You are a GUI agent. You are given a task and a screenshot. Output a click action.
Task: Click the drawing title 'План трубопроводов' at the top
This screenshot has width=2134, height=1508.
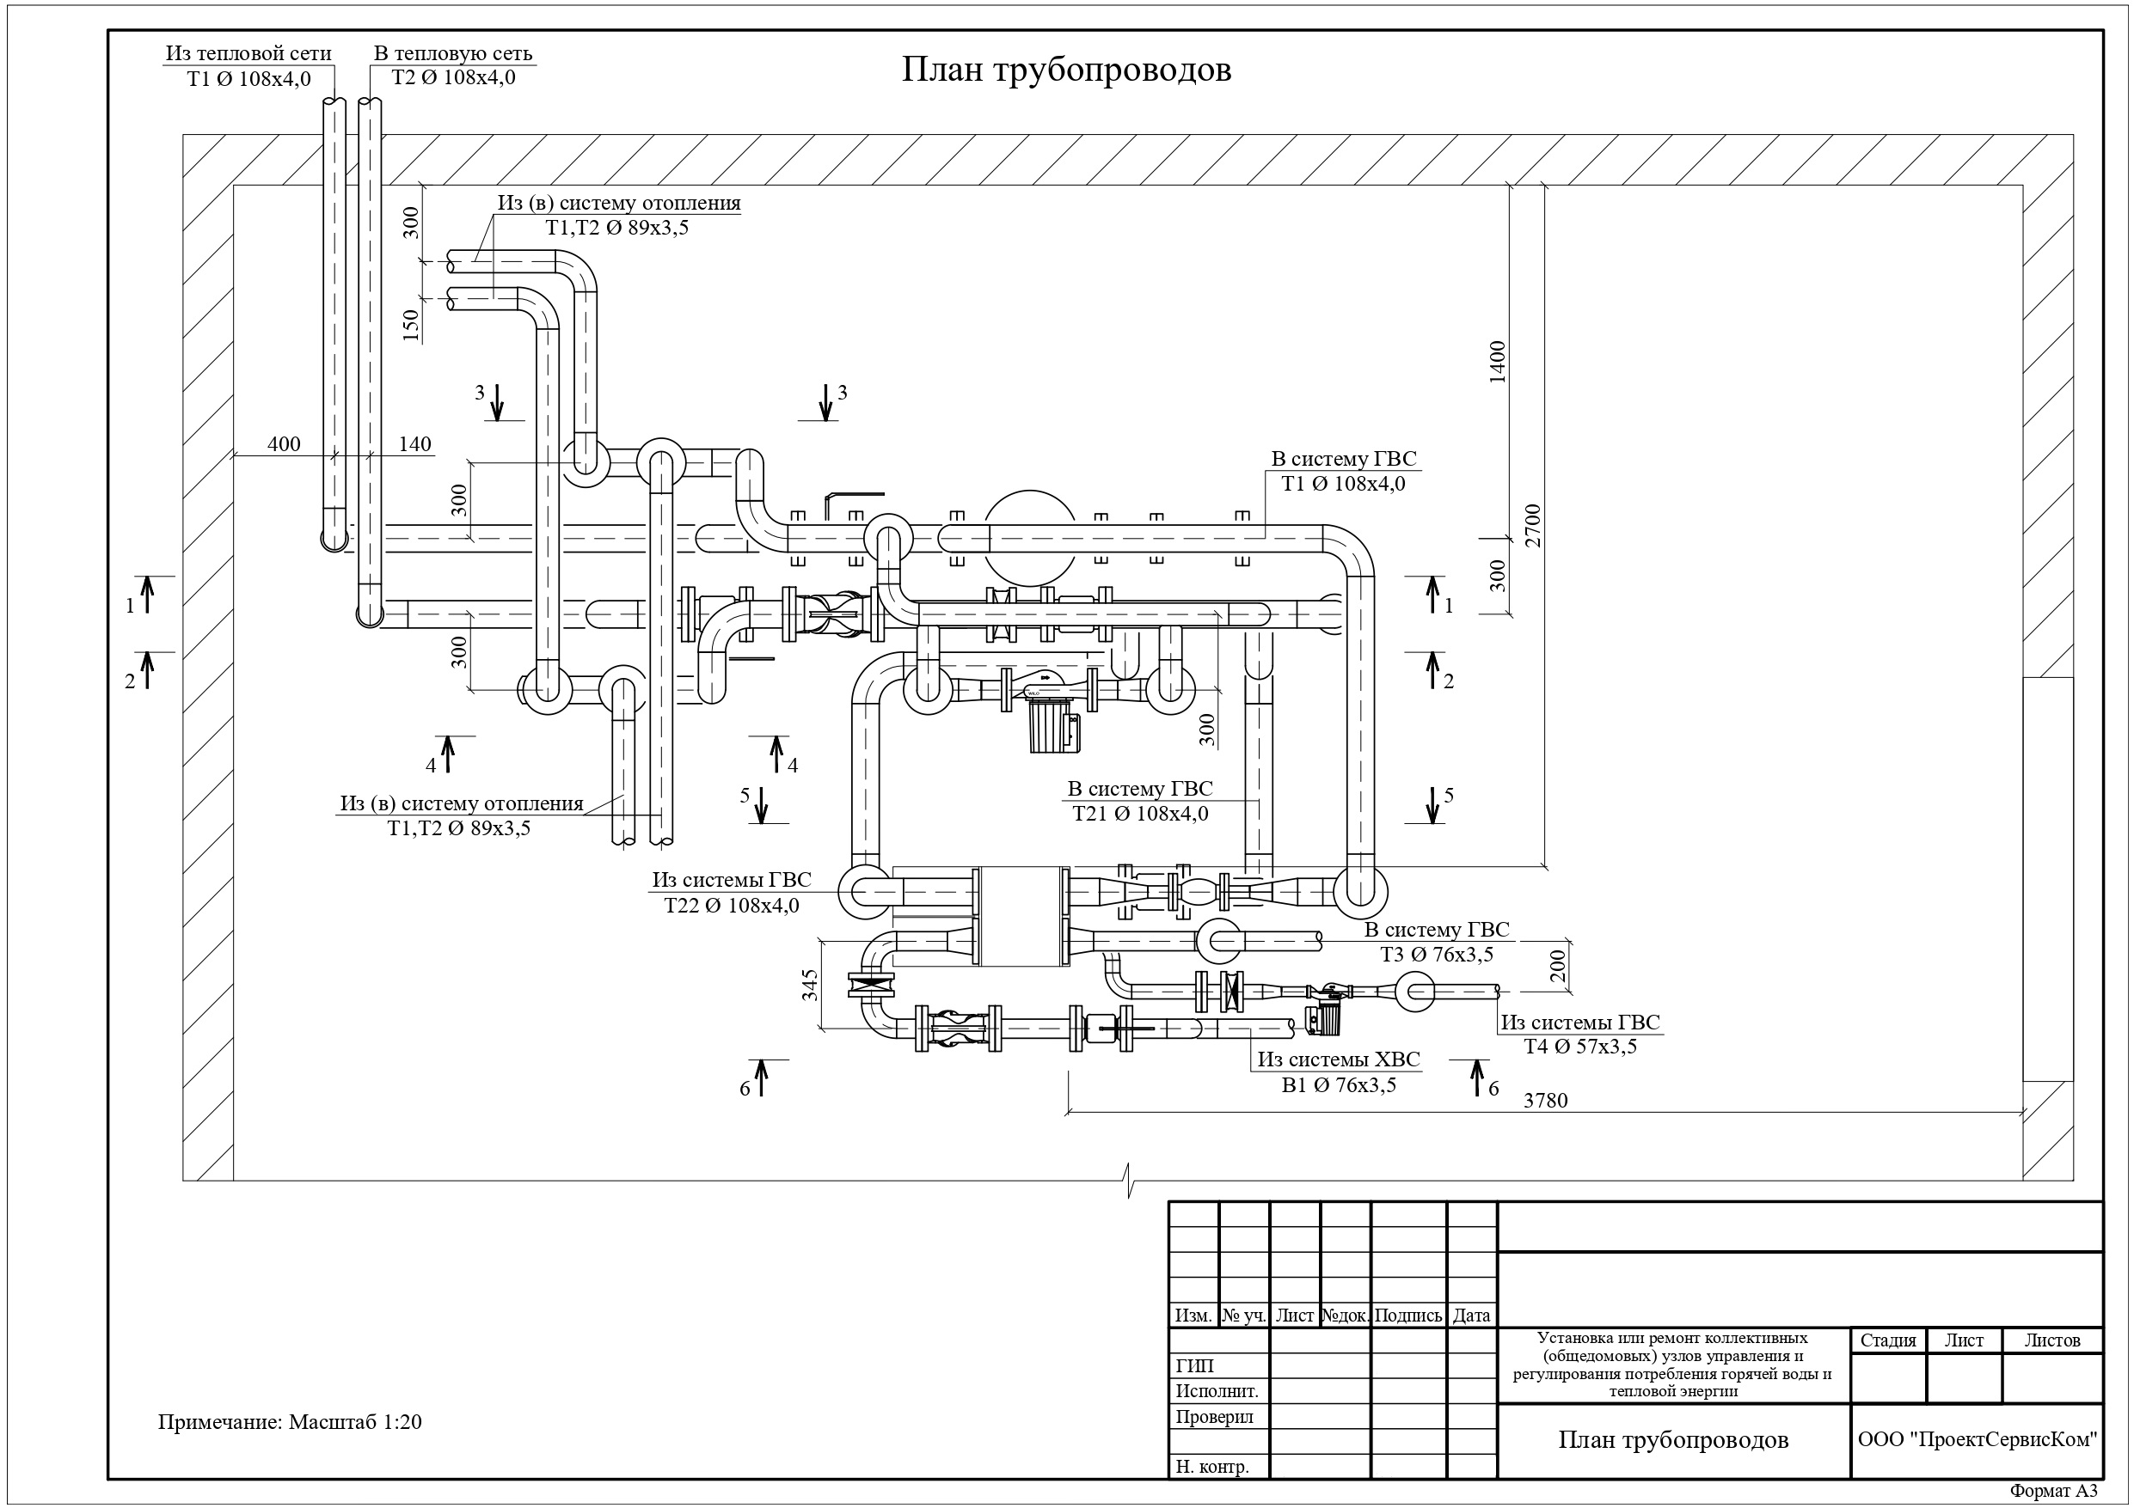tap(1066, 70)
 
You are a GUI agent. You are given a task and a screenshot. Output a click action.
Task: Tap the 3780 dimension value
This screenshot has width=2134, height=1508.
tap(1546, 1101)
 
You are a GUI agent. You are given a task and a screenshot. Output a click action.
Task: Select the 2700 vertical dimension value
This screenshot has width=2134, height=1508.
tap(1533, 525)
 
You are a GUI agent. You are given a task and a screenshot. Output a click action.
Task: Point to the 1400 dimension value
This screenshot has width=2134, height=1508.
tap(1496, 362)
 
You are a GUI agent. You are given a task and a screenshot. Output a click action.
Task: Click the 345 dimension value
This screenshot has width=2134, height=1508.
tap(810, 986)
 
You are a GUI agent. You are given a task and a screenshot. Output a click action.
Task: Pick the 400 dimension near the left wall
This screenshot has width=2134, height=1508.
tap(284, 444)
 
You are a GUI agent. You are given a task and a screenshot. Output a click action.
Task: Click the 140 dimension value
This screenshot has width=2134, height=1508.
tap(414, 444)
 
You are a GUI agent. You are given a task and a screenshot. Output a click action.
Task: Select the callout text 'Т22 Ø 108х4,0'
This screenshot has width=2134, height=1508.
tap(732, 906)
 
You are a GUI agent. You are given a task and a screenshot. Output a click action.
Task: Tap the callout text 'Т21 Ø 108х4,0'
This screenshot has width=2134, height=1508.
tap(1140, 814)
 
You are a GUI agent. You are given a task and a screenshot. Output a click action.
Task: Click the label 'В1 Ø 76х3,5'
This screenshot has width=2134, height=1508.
tap(1339, 1085)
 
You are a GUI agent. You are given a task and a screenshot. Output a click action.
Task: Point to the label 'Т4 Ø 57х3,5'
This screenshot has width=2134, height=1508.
tap(1580, 1047)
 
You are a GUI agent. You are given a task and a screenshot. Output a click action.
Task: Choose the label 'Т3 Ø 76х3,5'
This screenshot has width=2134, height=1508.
tap(1436, 955)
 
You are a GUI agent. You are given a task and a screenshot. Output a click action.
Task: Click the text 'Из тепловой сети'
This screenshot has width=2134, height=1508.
tap(248, 54)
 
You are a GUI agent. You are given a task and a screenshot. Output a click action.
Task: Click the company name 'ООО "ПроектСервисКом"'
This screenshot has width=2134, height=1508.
tap(1978, 1440)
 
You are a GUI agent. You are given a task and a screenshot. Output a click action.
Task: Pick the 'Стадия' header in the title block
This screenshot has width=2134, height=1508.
tap(1888, 1340)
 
